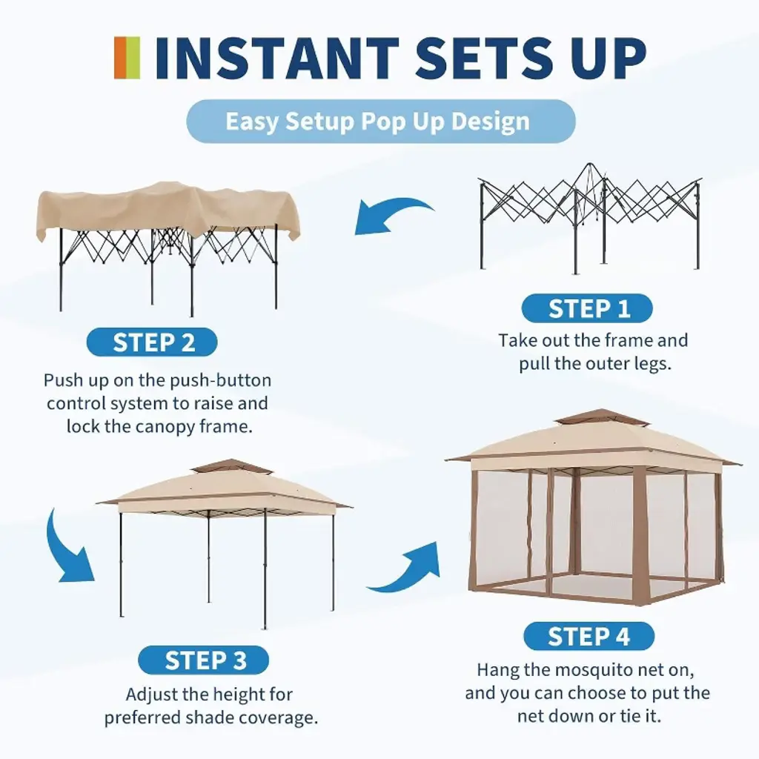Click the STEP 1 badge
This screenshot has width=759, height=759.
click(x=587, y=308)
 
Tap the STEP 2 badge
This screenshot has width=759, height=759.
click(x=152, y=342)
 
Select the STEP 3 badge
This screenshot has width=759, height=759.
click(x=203, y=660)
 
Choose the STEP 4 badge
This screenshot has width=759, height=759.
click(x=589, y=636)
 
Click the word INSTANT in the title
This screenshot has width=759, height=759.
click(x=276, y=58)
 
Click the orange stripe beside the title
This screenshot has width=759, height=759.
click(x=120, y=58)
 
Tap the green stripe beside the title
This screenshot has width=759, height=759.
click(x=133, y=58)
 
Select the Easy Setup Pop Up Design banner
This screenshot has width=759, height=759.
click(x=381, y=121)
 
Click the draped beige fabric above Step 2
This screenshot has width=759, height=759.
click(x=167, y=211)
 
